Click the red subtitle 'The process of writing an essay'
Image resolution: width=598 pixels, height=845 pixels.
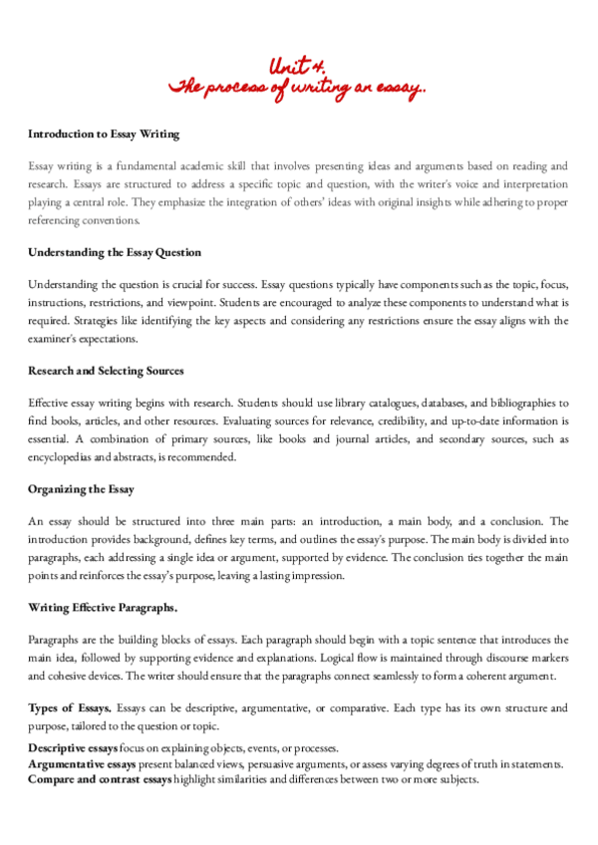tap(298, 88)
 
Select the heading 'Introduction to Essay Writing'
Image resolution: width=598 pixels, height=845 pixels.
tap(104, 133)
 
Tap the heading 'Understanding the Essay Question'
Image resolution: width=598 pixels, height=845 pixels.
tap(115, 252)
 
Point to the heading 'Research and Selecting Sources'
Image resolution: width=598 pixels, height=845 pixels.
tap(107, 371)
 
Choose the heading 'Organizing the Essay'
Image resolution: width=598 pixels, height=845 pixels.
tap(81, 489)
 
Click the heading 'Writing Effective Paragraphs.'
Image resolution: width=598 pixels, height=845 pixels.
tap(103, 608)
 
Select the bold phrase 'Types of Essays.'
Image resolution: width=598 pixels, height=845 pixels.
tap(70, 707)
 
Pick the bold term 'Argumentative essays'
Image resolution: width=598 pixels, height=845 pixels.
tap(80, 764)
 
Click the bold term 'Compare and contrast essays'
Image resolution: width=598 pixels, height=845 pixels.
tap(100, 779)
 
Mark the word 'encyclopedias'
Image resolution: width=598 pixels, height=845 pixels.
tap(65, 457)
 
